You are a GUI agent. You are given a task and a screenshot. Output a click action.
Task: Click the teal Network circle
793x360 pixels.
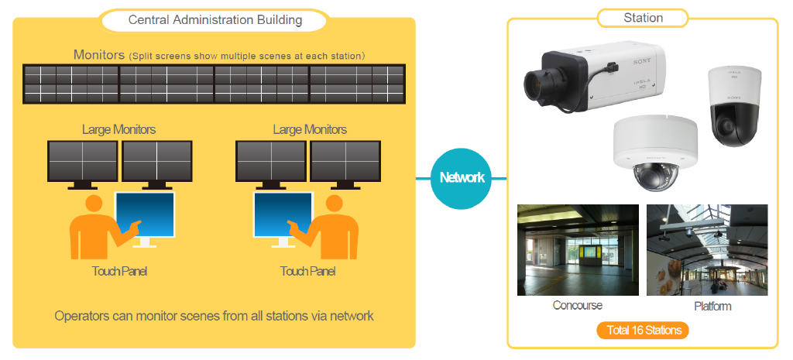pos(462,177)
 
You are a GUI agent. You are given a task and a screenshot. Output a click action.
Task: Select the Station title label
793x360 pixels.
pos(644,18)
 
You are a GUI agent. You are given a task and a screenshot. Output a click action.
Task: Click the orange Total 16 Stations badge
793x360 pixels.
pos(644,331)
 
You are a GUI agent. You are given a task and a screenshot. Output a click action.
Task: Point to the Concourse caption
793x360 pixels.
pos(577,305)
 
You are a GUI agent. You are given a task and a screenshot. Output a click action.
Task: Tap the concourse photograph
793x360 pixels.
pos(578,250)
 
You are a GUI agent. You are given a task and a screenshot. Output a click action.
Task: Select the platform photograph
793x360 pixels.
pos(707,250)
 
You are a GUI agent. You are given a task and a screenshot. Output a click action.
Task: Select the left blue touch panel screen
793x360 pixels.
pos(145,214)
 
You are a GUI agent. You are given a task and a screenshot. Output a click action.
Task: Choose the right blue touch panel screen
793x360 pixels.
pos(283,214)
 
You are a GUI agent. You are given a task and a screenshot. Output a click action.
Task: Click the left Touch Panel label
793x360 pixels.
pos(119,272)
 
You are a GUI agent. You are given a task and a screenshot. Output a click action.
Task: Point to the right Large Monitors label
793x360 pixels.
pos(310,129)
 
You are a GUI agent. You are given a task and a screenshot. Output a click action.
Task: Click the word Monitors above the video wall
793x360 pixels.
pos(98,55)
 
